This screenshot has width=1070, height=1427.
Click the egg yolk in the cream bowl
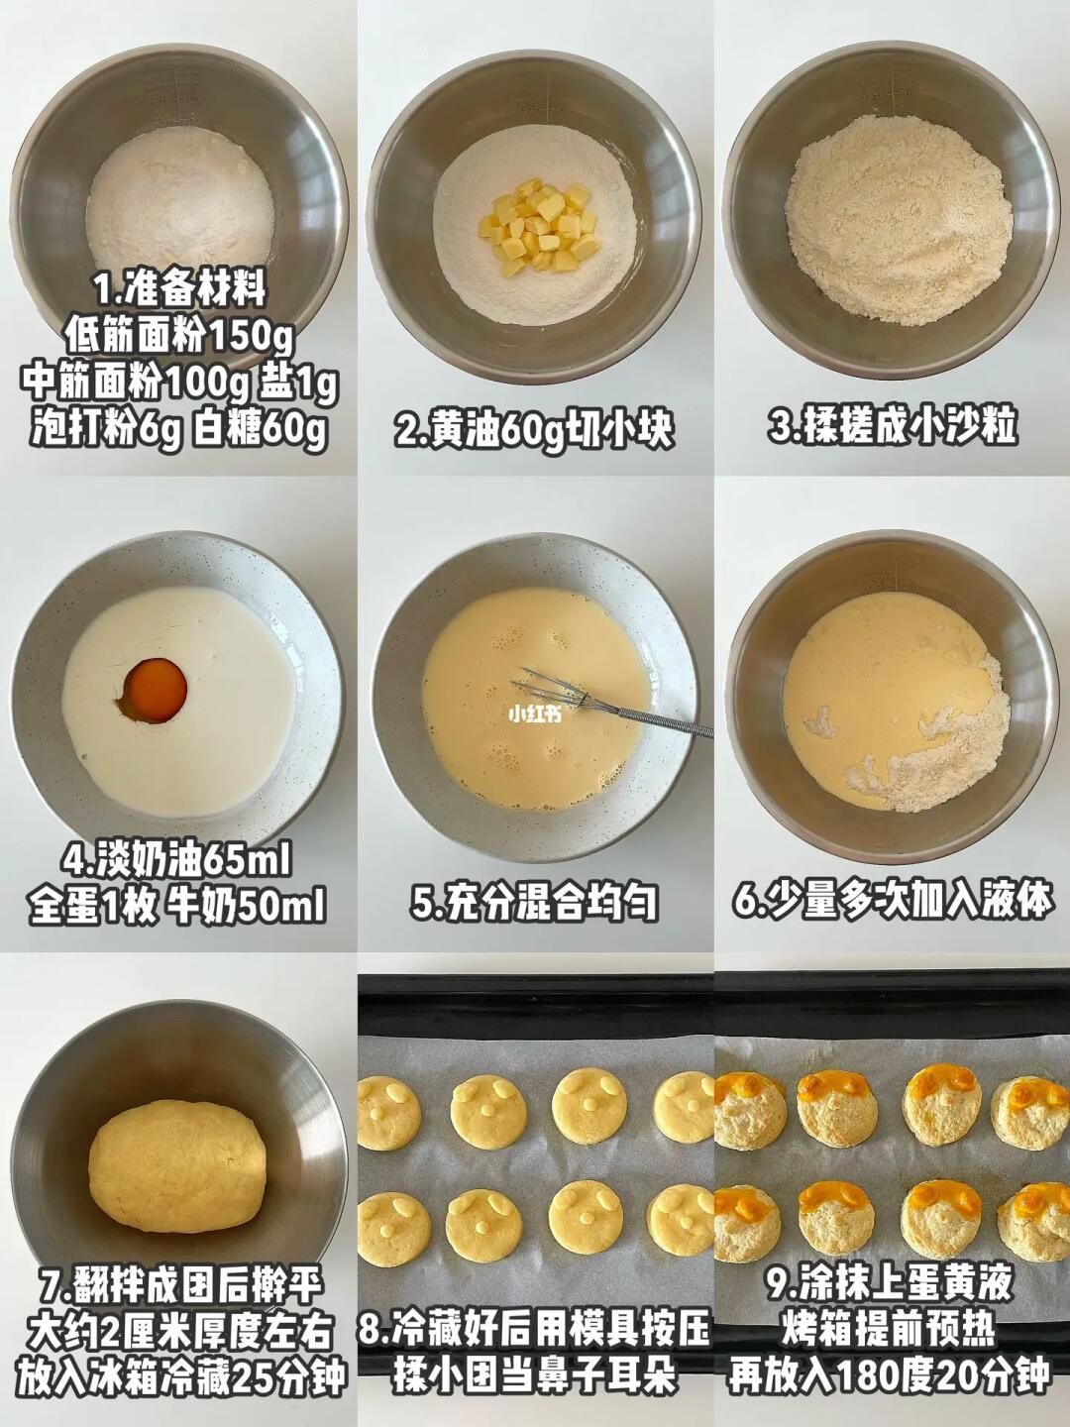pos(156,691)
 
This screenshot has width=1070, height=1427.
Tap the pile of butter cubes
pos(539,226)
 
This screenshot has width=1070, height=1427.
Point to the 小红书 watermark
pos(535,714)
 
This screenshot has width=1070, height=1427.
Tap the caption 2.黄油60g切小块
pos(535,429)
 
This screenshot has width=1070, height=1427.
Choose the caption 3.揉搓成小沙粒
pos(892,426)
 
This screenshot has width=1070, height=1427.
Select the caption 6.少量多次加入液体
pos(892,902)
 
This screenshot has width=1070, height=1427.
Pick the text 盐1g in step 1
pos(299,384)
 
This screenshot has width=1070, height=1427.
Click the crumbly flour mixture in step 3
pos(899,218)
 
